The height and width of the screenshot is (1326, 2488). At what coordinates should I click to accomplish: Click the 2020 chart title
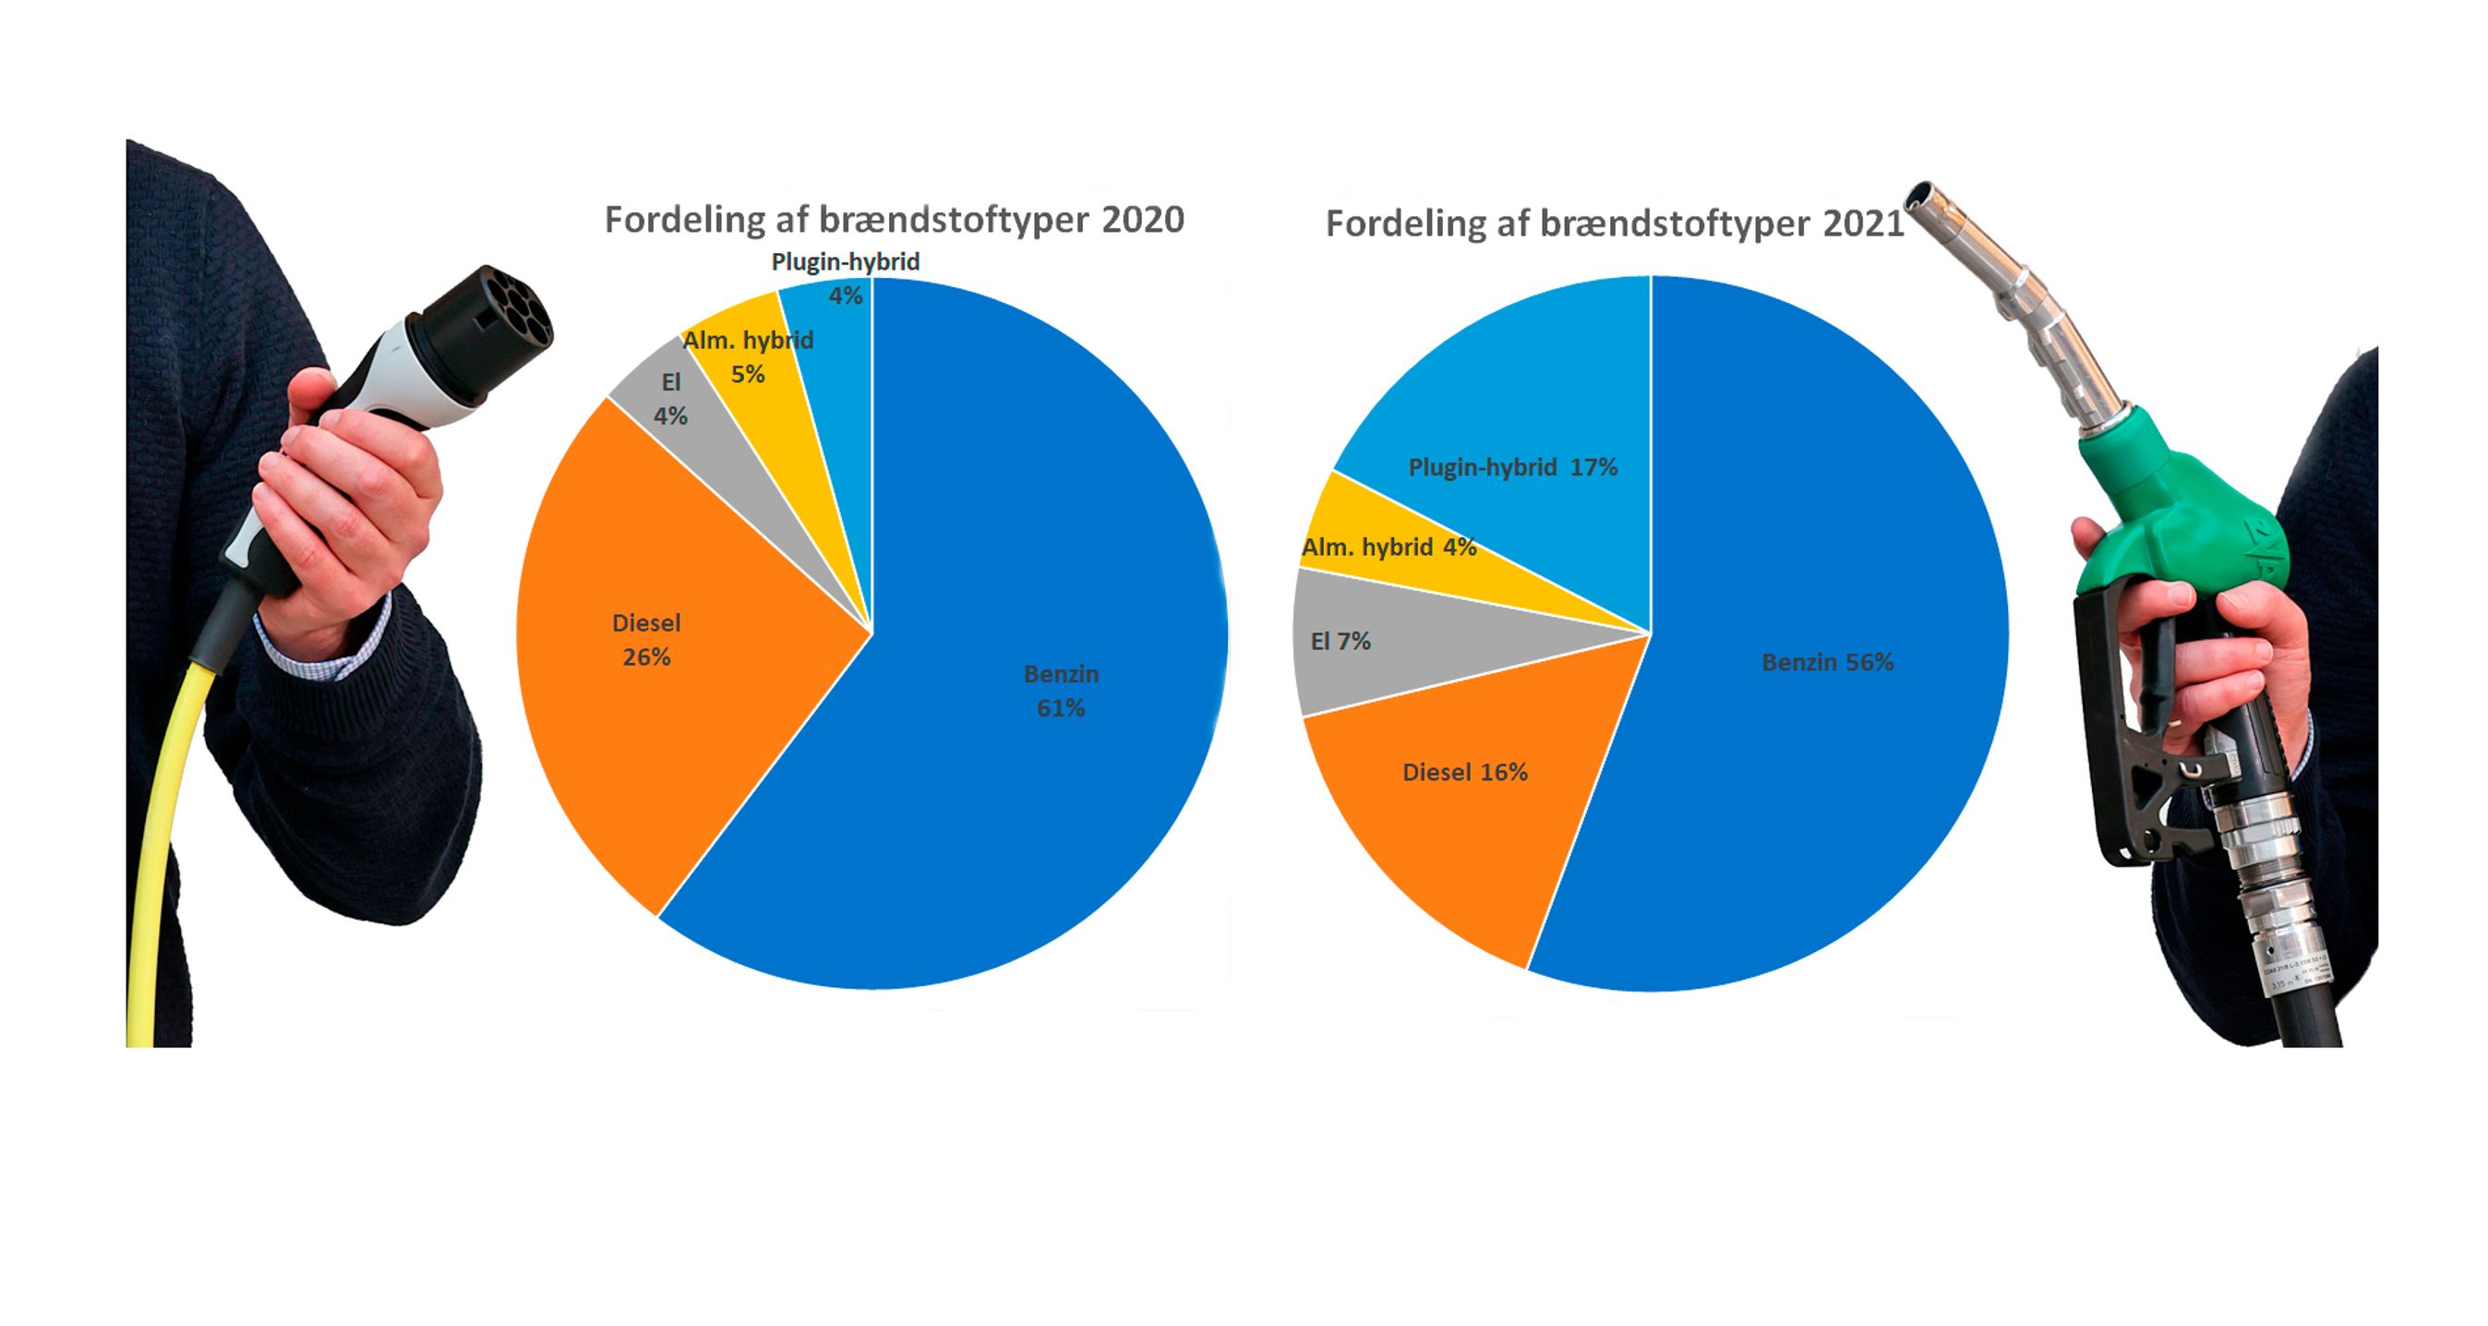[894, 220]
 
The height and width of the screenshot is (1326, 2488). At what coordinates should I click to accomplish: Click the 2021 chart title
[1614, 224]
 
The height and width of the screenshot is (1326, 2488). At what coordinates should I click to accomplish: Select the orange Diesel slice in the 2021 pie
[1448, 830]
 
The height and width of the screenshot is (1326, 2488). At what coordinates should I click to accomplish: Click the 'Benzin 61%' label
[1061, 691]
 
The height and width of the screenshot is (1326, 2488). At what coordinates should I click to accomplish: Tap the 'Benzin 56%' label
[1827, 662]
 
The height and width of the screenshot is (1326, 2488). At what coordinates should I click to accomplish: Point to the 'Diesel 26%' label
[646, 639]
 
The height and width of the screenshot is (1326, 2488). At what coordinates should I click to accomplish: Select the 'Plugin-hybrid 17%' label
[1512, 467]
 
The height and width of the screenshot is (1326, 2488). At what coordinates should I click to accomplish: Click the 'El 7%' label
[1340, 641]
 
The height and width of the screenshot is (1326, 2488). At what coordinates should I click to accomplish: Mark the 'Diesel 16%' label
[1464, 773]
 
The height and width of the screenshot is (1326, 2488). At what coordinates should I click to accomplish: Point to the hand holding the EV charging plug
[348, 512]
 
